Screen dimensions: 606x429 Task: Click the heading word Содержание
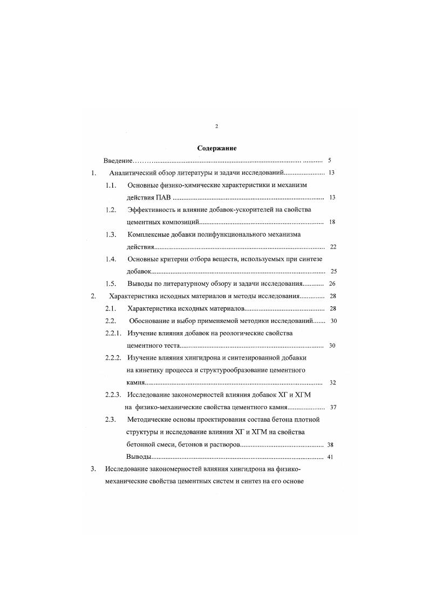(x=217, y=148)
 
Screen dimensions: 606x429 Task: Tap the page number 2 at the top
(x=216, y=126)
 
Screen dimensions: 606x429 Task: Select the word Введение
(x=118, y=161)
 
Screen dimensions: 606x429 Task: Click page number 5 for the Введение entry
(x=329, y=161)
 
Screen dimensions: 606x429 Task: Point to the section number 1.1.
(x=111, y=185)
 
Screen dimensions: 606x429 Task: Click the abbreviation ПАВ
(x=162, y=198)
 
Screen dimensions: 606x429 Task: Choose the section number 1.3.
(x=111, y=235)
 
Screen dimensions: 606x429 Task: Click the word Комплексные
(x=152, y=235)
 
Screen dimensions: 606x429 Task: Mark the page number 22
(x=332, y=247)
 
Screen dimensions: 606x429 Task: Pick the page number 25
(x=333, y=271)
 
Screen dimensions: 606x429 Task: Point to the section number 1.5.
(x=111, y=284)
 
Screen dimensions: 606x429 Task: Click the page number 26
(x=332, y=284)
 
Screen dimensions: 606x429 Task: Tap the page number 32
(x=332, y=383)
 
